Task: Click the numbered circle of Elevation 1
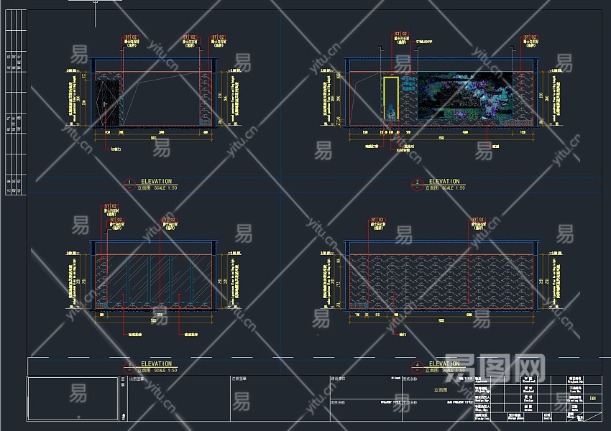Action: coord(129,184)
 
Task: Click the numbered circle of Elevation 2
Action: coord(417,184)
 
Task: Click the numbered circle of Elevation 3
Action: coord(129,366)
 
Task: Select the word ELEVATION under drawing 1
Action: coord(157,182)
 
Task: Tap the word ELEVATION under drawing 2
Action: coord(444,182)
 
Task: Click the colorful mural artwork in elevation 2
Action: coord(464,96)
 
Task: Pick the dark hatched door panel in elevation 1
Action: coord(108,101)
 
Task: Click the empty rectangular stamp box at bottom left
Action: coord(73,398)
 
